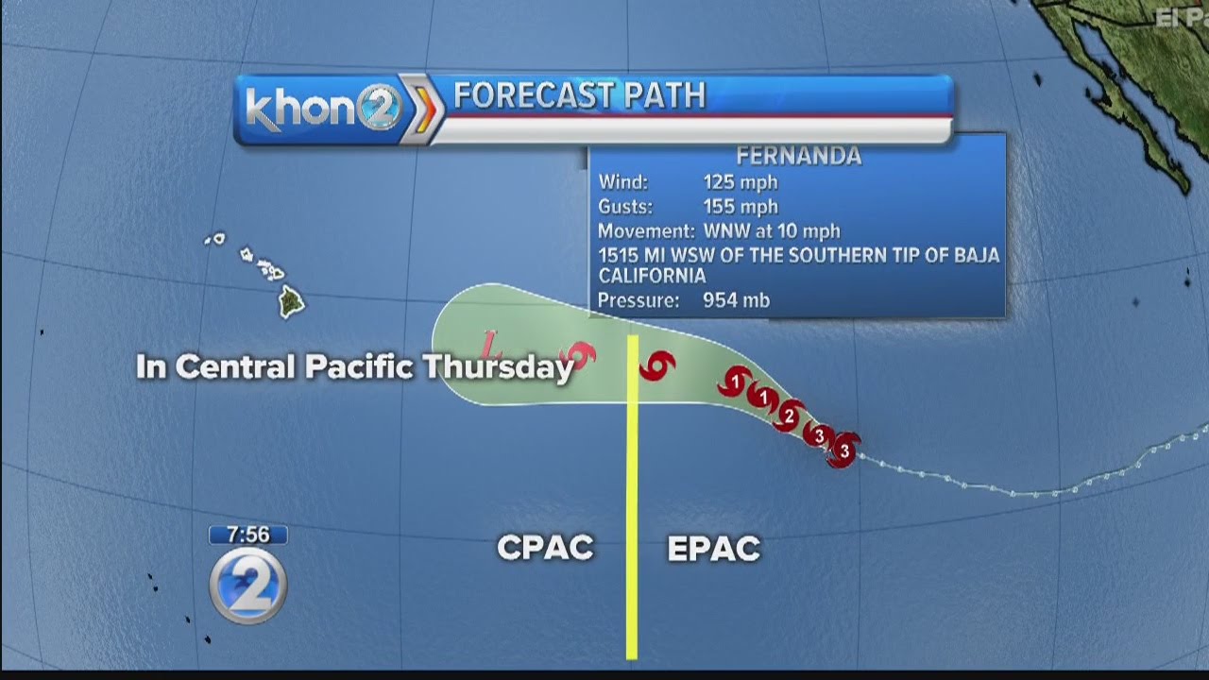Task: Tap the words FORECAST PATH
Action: pos(579,96)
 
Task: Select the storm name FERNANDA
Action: pos(798,157)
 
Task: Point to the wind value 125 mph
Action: pos(740,182)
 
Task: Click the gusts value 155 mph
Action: pos(740,206)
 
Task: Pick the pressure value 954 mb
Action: pos(736,300)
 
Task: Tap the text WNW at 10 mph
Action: pos(771,230)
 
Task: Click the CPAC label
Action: pos(545,548)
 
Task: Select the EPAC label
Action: pos(713,549)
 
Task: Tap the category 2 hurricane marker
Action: pos(789,415)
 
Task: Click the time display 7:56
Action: pos(247,535)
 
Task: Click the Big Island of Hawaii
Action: pos(292,302)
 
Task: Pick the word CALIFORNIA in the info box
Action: pos(652,276)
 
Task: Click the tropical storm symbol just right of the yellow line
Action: pos(657,365)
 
